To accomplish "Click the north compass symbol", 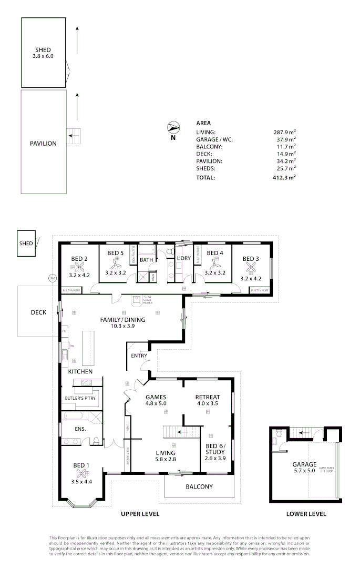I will tap(173, 127).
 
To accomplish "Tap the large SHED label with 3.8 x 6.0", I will tap(43, 53).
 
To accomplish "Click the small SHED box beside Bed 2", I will tap(26, 244).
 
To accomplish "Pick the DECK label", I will tap(38, 312).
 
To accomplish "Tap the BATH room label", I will tap(147, 259).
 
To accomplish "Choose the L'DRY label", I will tap(183, 259).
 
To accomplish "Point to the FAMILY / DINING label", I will tap(123, 320).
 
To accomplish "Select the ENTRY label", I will tap(139, 356).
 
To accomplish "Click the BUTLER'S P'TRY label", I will tap(79, 398).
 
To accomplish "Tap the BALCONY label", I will tap(199, 486).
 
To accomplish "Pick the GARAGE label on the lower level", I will tap(304, 464).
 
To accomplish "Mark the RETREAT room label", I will tap(207, 397).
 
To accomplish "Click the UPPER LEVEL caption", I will tap(140, 514).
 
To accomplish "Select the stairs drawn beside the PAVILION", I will tap(74, 136).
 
